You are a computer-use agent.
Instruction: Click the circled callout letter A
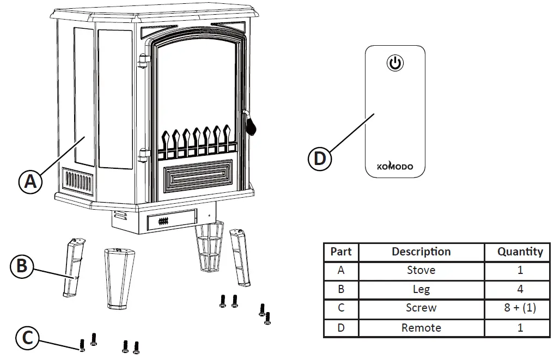(31, 181)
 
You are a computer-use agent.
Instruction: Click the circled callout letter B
(22, 266)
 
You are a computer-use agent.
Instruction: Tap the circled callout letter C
(27, 338)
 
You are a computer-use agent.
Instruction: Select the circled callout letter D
(320, 159)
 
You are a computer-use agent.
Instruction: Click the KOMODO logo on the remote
(395, 167)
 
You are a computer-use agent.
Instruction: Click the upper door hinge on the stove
(143, 60)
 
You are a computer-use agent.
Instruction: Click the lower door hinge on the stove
(143, 156)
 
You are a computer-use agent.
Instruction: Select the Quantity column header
(520, 252)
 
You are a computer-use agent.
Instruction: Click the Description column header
(421, 252)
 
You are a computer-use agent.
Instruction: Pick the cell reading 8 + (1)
(520, 308)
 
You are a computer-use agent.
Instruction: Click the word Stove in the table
(421, 270)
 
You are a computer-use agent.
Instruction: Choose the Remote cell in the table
(421, 327)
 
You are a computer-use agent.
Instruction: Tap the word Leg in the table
(421, 289)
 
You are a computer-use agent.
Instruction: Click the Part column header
(341, 252)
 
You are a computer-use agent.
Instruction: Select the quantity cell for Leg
(520, 289)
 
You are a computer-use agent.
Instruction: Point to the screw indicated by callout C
(82, 345)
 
